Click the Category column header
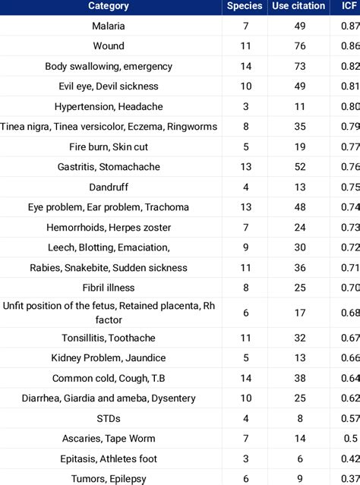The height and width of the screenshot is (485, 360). pyautogui.click(x=109, y=6)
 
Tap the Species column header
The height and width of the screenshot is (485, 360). pyautogui.click(x=245, y=6)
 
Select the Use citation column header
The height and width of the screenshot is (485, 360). pyautogui.click(x=300, y=6)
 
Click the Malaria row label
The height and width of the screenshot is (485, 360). pyautogui.click(x=109, y=27)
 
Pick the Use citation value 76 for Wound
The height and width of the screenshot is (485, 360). pyautogui.click(x=300, y=46)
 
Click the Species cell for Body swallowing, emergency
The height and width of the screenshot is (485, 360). pyautogui.click(x=245, y=67)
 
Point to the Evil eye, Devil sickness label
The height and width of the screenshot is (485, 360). pyautogui.click(x=109, y=87)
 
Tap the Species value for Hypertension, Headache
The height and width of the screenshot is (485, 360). pyautogui.click(x=245, y=107)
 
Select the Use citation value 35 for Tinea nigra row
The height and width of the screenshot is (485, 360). pyautogui.click(x=300, y=127)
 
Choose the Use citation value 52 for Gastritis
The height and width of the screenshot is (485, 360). pyautogui.click(x=300, y=167)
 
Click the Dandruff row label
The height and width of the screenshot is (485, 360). pyautogui.click(x=109, y=187)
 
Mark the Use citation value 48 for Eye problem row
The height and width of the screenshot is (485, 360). pyautogui.click(x=300, y=207)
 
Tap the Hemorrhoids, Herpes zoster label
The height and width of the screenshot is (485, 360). pyautogui.click(x=109, y=228)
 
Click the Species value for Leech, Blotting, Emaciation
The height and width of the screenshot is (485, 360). pyautogui.click(x=245, y=247)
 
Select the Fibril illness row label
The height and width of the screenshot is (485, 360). pyautogui.click(x=109, y=288)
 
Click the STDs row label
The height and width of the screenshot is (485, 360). pyautogui.click(x=109, y=418)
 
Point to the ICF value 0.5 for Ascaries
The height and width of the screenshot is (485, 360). pyautogui.click(x=350, y=439)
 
